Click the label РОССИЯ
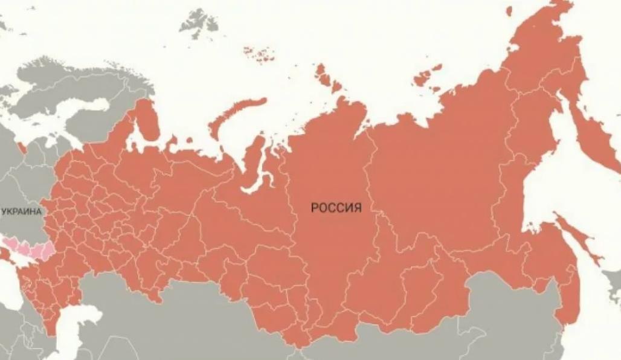coord(336,208)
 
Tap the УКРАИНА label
coord(21,212)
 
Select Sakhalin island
coord(577,239)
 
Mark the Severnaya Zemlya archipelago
coord(327,78)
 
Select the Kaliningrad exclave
coord(22,147)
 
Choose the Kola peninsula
coord(145,121)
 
